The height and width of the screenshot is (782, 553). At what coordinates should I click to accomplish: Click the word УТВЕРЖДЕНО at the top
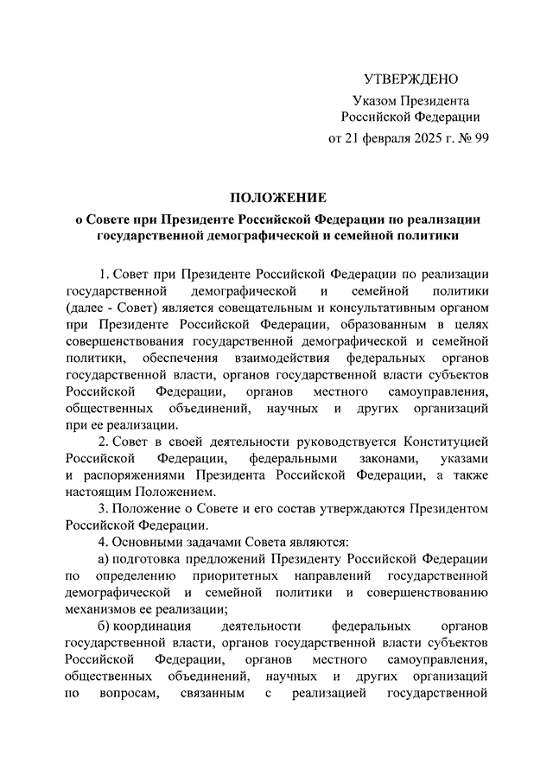[x=410, y=79]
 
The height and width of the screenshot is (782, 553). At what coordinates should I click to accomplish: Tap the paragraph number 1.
[x=103, y=275]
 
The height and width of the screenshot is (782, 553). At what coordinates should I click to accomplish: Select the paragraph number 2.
[x=103, y=442]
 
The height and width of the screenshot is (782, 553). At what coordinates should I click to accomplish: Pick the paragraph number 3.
[x=103, y=508]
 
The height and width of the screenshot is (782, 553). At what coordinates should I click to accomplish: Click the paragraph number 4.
[x=103, y=542]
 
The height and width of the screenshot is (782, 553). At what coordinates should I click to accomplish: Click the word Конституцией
[x=445, y=442]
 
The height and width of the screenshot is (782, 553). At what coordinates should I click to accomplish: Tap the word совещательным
[x=258, y=308]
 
